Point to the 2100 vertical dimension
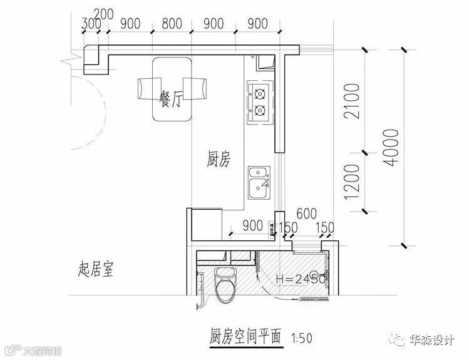click(x=352, y=101)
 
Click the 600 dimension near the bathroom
click(x=305, y=213)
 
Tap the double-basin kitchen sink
click(x=259, y=182)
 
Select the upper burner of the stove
click(x=260, y=95)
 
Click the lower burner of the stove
click(x=260, y=112)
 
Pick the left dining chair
click(x=148, y=88)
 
